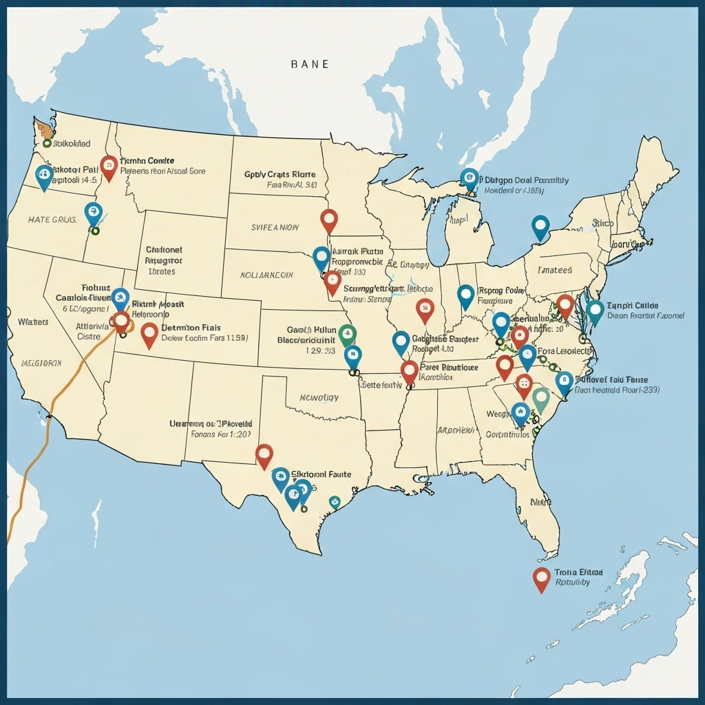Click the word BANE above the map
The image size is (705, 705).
(x=310, y=64)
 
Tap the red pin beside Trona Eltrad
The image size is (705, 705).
(x=542, y=579)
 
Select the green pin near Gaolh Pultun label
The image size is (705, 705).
(x=348, y=334)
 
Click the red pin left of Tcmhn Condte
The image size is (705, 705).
(x=108, y=165)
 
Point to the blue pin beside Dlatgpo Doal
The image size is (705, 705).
(x=470, y=178)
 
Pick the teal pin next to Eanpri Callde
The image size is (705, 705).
(x=595, y=311)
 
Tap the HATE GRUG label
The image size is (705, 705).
(x=52, y=220)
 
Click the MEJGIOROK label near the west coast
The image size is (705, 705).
(x=41, y=362)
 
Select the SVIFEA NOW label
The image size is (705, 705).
(x=275, y=227)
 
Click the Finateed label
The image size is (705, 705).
(x=555, y=271)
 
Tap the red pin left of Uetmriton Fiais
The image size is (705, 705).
(x=149, y=334)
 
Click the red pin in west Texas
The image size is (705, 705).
(x=264, y=454)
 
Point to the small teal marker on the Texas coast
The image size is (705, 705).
(x=335, y=501)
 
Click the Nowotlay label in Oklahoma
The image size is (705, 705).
(x=319, y=397)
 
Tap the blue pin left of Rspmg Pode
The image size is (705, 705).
(x=466, y=295)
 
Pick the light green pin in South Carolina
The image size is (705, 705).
(x=541, y=398)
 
